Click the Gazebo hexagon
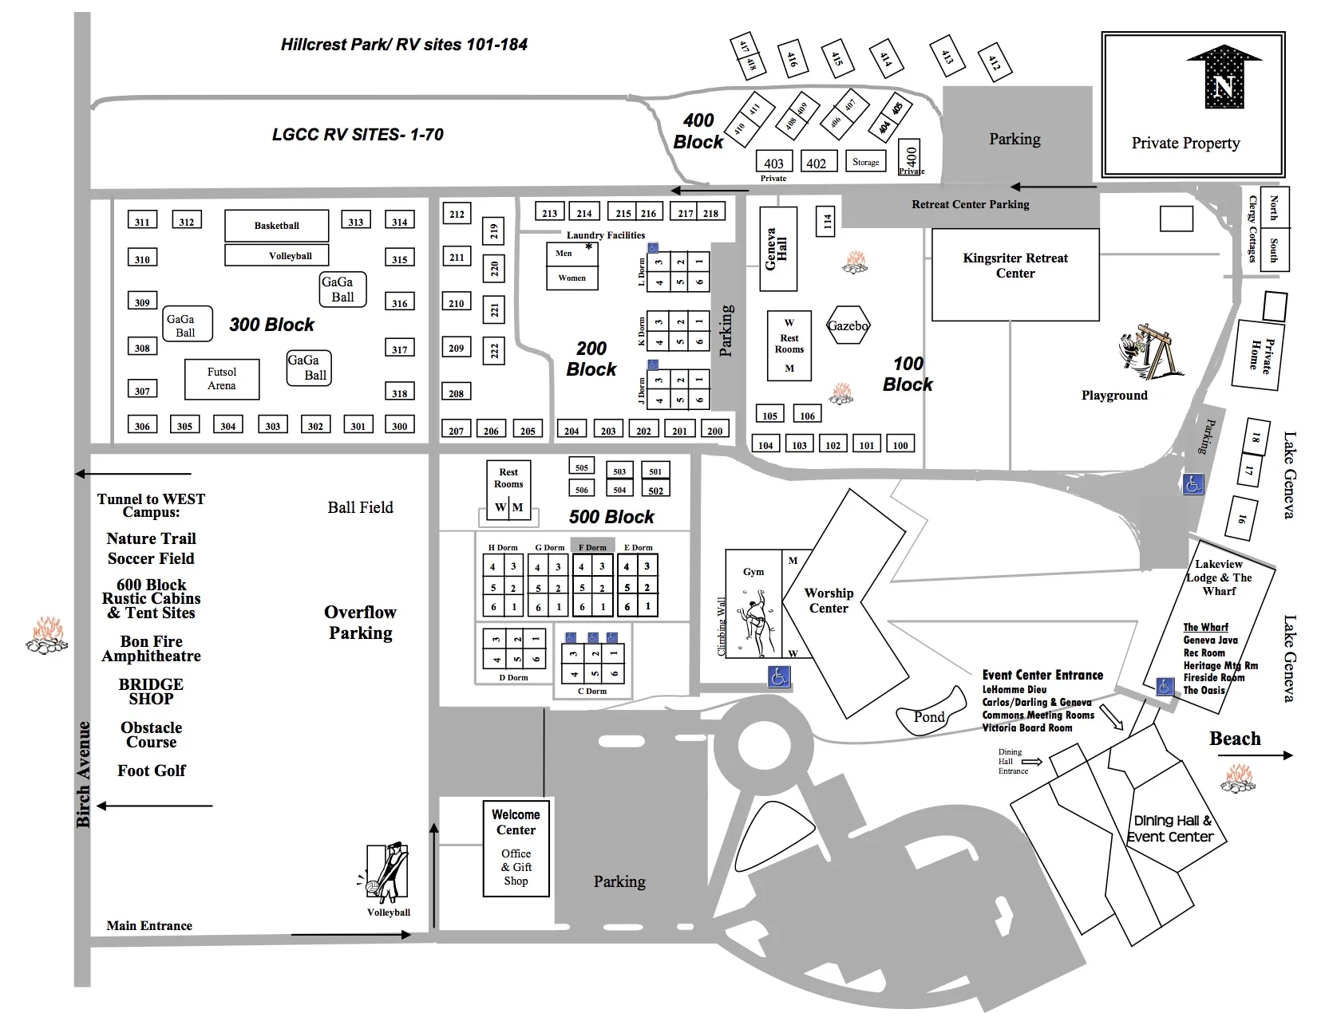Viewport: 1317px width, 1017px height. click(848, 325)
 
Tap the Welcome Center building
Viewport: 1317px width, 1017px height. click(516, 848)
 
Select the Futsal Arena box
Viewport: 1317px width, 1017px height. click(222, 379)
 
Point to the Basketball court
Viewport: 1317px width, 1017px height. click(276, 226)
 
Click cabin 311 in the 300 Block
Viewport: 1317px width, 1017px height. click(142, 221)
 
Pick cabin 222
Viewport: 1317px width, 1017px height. click(494, 351)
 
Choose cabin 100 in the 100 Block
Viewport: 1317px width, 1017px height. click(900, 444)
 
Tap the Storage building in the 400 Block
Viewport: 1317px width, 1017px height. click(865, 162)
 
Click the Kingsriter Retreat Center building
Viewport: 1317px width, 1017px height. click(1014, 274)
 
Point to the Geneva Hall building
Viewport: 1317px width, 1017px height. click(777, 248)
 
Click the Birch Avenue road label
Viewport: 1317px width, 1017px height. click(83, 774)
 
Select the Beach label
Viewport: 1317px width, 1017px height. click(1235, 739)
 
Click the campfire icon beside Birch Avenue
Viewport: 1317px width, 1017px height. click(45, 635)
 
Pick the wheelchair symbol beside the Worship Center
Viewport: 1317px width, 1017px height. click(779, 676)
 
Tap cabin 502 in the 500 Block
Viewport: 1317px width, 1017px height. click(655, 491)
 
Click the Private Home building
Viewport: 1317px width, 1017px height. click(1259, 354)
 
